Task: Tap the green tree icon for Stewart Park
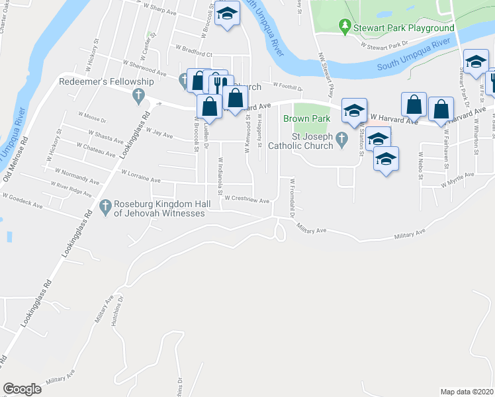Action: (x=343, y=26)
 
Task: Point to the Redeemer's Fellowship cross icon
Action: (x=138, y=96)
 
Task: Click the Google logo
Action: (x=22, y=389)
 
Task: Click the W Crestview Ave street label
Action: (x=247, y=199)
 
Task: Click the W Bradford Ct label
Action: (x=193, y=51)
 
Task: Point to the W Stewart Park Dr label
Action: (x=384, y=45)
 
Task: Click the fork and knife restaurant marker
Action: (x=218, y=83)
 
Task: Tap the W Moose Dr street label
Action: (x=91, y=118)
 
